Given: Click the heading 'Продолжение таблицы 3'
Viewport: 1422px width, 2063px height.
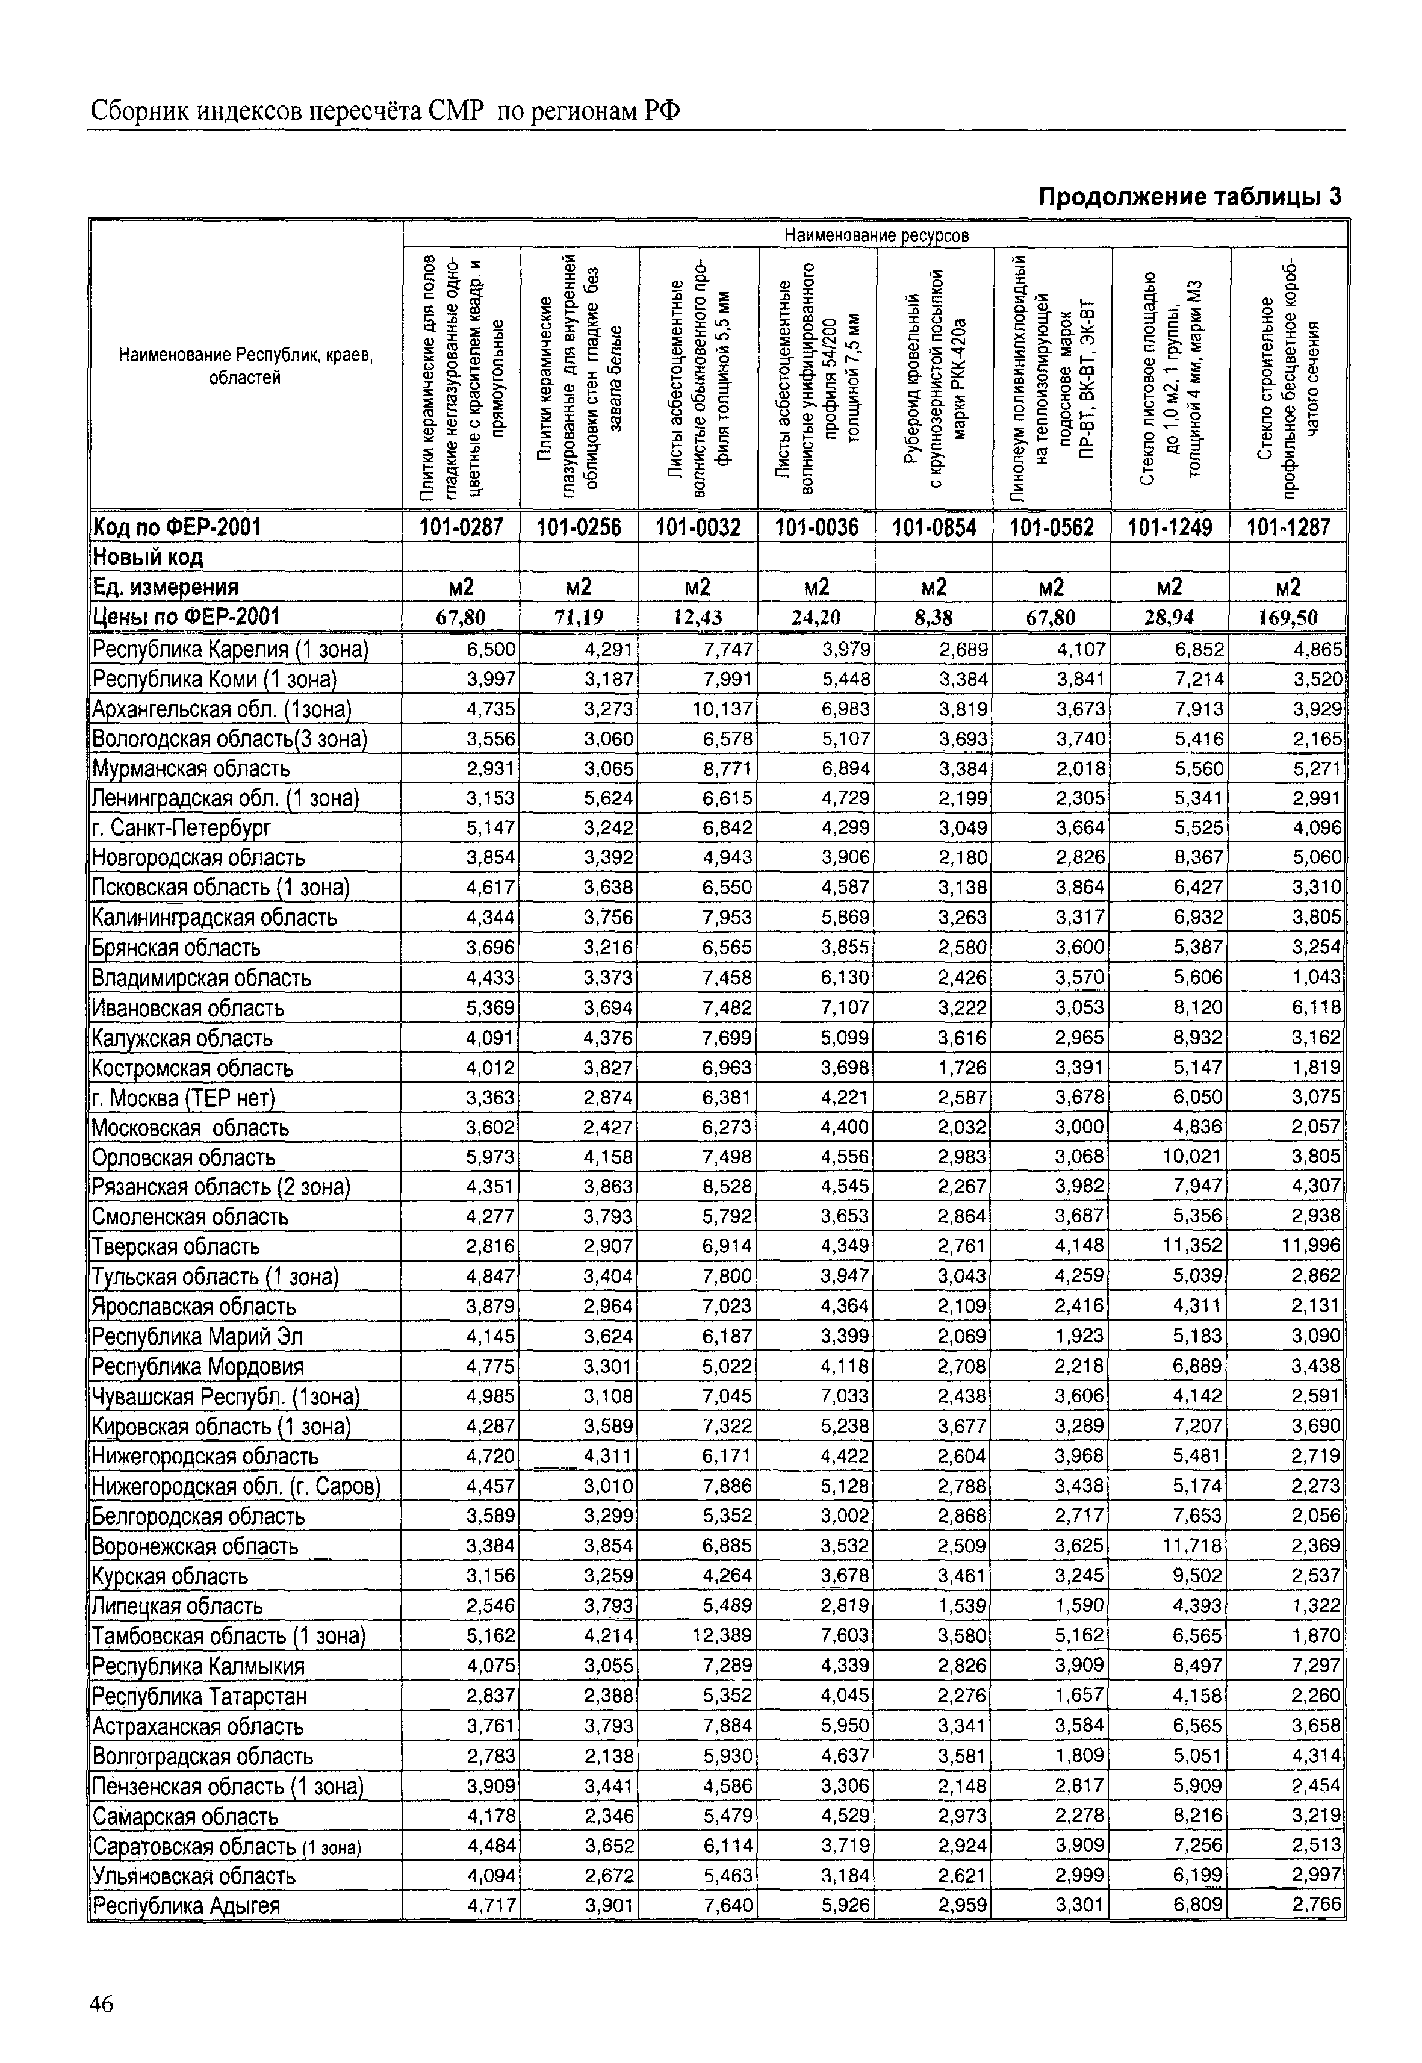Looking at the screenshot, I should [x=1190, y=197].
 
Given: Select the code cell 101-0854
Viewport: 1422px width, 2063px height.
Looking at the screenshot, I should [x=934, y=527].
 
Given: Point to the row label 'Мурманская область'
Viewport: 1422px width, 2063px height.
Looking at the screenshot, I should [x=191, y=769].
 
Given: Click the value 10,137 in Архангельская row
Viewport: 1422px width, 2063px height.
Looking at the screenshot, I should [x=721, y=709].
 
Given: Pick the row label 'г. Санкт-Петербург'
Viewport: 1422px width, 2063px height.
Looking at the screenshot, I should [x=181, y=829].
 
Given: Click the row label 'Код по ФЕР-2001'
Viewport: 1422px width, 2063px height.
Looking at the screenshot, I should [x=178, y=527].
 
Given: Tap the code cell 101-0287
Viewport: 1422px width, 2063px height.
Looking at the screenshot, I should [x=462, y=527].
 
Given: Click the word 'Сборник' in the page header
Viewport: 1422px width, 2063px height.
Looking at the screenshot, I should [x=143, y=111].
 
